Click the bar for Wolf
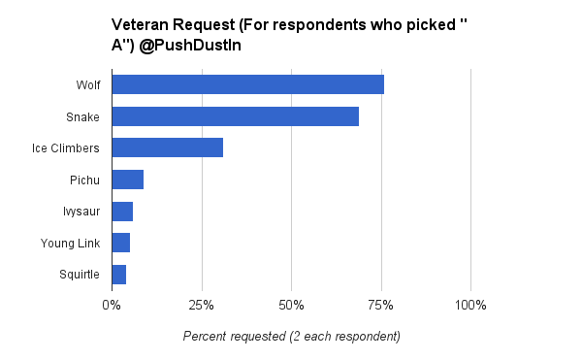(247, 84)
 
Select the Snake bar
(235, 116)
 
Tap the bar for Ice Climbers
(167, 147)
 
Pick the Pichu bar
(127, 180)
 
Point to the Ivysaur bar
(122, 211)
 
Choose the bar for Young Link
(120, 243)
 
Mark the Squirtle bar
(118, 275)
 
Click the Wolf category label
(87, 85)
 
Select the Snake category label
(82, 116)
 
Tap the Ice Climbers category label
(65, 148)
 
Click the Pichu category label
(84, 180)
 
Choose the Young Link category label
(70, 243)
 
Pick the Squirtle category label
(79, 275)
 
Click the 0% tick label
(112, 306)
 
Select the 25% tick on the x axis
(202, 306)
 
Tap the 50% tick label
(291, 306)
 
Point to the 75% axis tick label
(380, 306)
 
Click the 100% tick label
(470, 306)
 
